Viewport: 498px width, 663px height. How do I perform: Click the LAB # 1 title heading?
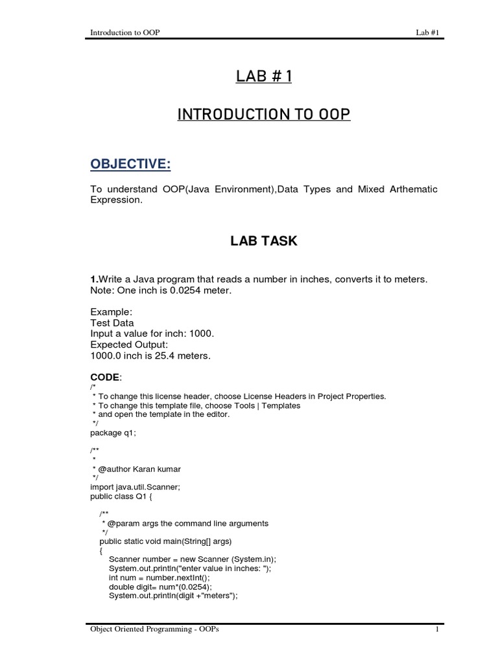point(264,76)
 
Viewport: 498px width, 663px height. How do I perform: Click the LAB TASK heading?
point(264,241)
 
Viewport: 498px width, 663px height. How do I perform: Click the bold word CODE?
point(105,377)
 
